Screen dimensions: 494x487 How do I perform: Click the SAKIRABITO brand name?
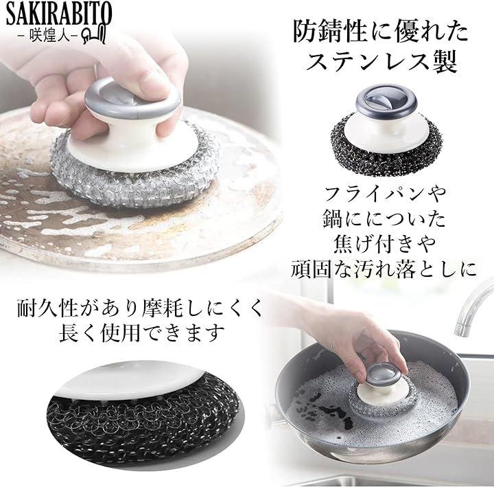(x=59, y=14)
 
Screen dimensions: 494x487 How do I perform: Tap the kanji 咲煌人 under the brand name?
(x=47, y=35)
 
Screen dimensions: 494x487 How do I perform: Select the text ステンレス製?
(x=381, y=62)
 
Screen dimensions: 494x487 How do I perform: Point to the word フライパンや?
(x=385, y=194)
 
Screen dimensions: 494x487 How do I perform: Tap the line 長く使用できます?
(x=142, y=333)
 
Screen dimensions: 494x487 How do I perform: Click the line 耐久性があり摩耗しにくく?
(x=140, y=308)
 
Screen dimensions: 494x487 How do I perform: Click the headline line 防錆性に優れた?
(x=381, y=32)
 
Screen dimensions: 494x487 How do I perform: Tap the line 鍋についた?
(x=384, y=219)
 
